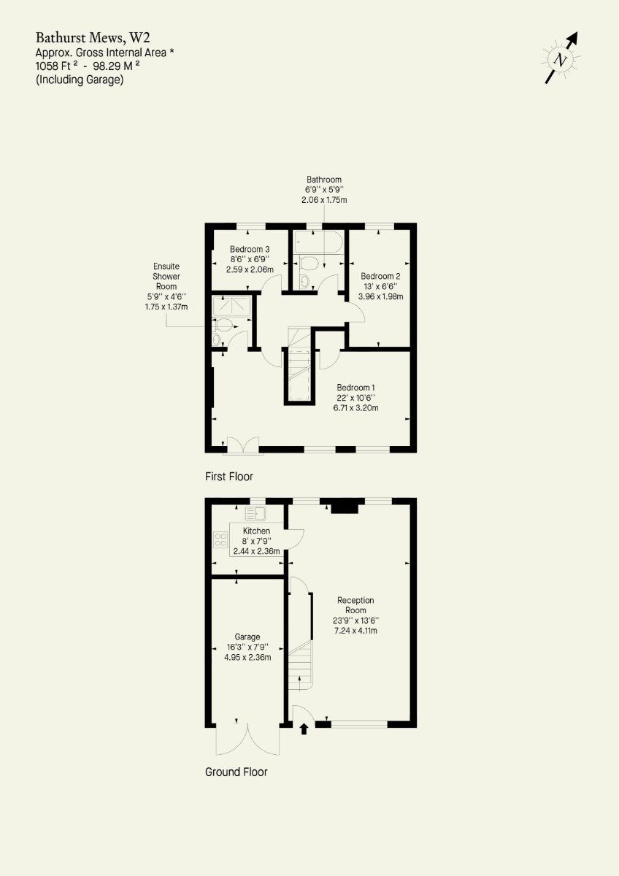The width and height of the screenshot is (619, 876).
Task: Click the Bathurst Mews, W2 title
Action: click(93, 38)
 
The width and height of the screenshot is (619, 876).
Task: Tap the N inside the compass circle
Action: click(561, 60)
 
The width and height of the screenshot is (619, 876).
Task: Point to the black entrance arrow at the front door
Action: click(304, 729)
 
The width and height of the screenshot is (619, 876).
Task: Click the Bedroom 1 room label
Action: click(355, 388)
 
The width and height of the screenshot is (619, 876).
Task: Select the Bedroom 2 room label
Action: click(380, 276)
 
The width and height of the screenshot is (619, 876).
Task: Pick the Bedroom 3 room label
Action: click(250, 249)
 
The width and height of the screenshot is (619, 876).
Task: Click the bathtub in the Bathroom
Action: click(318, 242)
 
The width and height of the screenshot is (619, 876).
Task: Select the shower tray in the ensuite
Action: click(231, 306)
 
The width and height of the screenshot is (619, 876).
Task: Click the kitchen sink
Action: click(255, 513)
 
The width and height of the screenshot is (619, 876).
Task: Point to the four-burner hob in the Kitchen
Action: click(220, 539)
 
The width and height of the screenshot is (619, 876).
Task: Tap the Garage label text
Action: click(247, 637)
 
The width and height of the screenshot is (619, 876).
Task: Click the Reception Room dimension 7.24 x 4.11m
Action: click(355, 631)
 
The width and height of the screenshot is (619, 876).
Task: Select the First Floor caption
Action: click(229, 476)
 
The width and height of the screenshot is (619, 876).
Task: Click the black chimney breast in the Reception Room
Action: click(345, 507)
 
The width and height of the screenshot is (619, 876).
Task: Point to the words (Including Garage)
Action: click(80, 80)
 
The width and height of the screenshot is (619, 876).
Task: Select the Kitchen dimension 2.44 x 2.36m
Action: click(256, 551)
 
